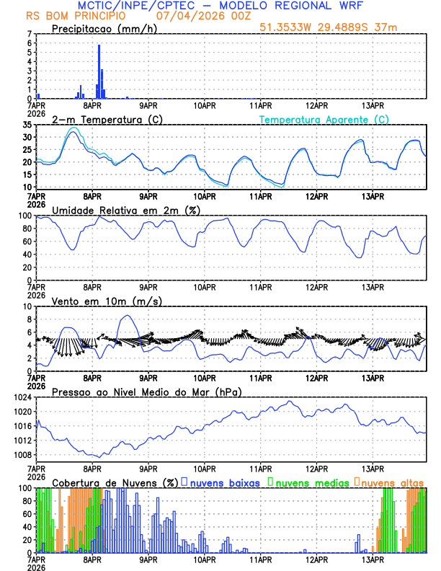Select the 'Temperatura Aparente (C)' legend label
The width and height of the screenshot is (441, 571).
point(324,119)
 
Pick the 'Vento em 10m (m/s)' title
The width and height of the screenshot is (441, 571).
point(97,301)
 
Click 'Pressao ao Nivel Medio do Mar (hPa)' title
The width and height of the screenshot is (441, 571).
point(146,391)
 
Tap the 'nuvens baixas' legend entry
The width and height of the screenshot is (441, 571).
point(224,482)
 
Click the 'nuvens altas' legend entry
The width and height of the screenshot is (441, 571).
point(392,482)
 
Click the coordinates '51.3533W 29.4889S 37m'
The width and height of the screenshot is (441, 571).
point(328,27)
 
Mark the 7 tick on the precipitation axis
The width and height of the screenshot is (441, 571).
point(29,35)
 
